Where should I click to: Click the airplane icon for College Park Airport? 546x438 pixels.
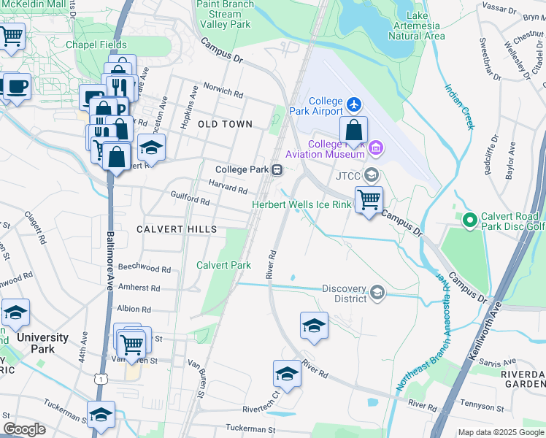click(x=355, y=105)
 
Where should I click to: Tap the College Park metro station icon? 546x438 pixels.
click(x=277, y=170)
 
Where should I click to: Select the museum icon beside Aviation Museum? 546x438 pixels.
click(x=376, y=149)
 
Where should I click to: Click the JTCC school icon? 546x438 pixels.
click(x=372, y=174)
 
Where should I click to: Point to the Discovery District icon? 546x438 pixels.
click(x=377, y=293)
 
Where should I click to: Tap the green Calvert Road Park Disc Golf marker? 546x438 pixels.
click(x=469, y=219)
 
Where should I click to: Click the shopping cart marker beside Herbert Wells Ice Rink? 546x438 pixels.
click(x=369, y=199)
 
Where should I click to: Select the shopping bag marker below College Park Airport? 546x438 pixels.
click(x=353, y=131)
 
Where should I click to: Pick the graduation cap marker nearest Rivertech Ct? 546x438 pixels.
click(x=288, y=375)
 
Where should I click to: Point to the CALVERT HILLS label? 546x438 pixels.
click(x=177, y=229)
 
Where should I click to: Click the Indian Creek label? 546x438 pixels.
click(x=459, y=107)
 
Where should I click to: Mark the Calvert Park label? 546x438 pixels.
click(x=224, y=265)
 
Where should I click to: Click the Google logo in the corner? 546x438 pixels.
click(x=25, y=429)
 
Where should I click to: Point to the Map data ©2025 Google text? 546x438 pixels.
click(x=499, y=432)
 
